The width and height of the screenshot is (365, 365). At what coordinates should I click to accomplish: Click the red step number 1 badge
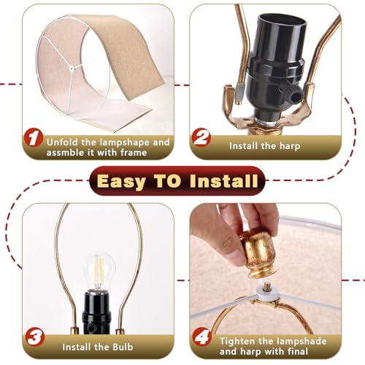34,138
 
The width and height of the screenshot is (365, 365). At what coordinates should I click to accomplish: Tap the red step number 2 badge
201,138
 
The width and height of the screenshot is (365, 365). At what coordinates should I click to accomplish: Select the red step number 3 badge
35,337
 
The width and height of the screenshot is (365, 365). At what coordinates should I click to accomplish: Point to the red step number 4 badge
202,337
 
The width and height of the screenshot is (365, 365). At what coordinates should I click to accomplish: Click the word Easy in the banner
121,182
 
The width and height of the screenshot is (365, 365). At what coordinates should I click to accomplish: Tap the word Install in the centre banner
223,181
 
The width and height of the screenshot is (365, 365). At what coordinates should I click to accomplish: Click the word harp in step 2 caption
290,147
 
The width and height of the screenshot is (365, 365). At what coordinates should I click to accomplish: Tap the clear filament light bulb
99,271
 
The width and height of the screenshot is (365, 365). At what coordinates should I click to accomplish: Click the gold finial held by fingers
258,253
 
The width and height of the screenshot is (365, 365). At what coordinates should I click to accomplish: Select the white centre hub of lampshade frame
72,69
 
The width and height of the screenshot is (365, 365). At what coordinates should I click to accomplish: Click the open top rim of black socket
282,21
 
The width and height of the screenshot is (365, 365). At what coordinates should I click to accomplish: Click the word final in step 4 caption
298,352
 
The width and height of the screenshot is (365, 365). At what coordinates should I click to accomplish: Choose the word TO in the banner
168,181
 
